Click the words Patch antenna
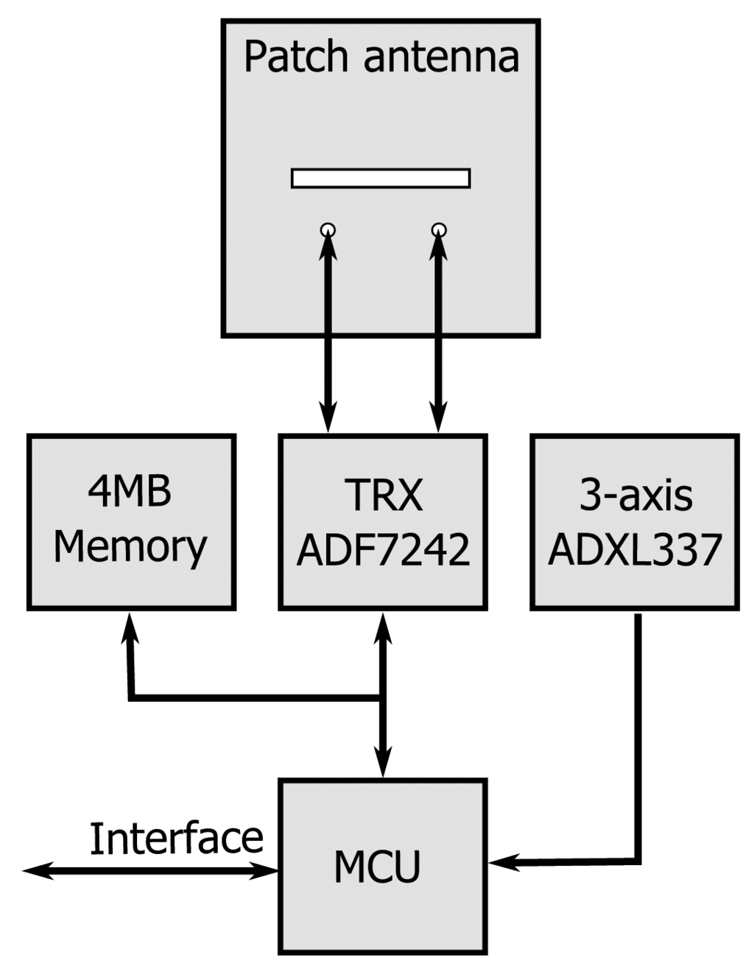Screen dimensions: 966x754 click(x=381, y=57)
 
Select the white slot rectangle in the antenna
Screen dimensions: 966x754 click(x=381, y=178)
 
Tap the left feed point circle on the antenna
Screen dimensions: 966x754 click(x=328, y=230)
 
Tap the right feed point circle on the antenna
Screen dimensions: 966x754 click(x=439, y=230)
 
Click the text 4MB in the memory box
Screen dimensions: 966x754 click(x=130, y=491)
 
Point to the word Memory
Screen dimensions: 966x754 click(x=130, y=548)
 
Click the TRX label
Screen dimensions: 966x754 click(x=384, y=495)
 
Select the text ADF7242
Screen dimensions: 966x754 click(x=384, y=549)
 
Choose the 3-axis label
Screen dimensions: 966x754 click(x=635, y=495)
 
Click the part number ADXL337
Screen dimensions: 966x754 click(x=635, y=549)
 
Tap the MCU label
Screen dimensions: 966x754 click(x=377, y=867)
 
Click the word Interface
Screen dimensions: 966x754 click(x=176, y=838)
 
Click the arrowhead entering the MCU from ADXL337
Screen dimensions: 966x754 click(x=501, y=861)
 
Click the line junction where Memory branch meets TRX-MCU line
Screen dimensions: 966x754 click(x=382, y=697)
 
